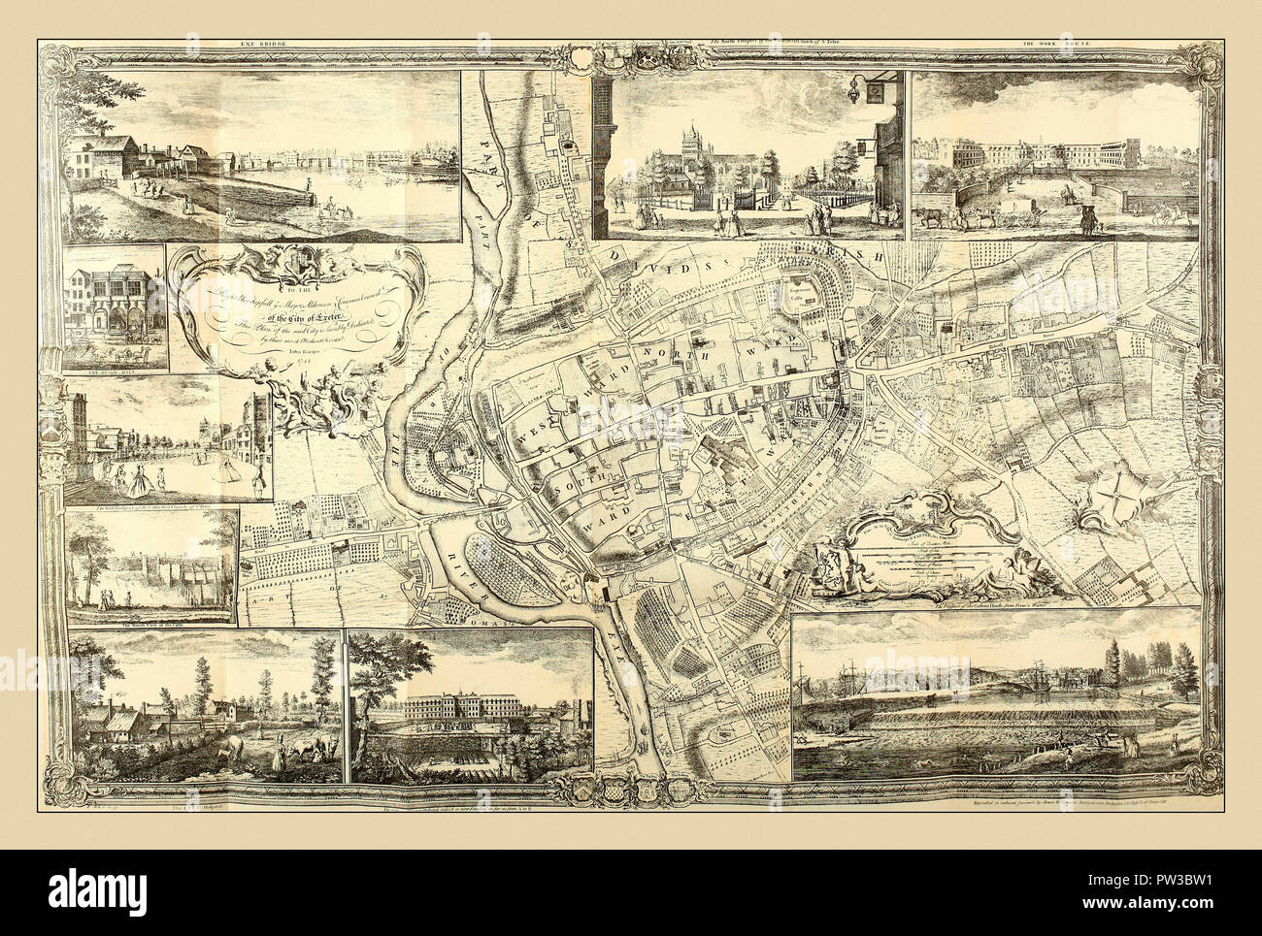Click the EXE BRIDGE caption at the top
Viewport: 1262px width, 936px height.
(255, 43)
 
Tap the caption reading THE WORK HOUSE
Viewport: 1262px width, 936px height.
(1051, 43)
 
